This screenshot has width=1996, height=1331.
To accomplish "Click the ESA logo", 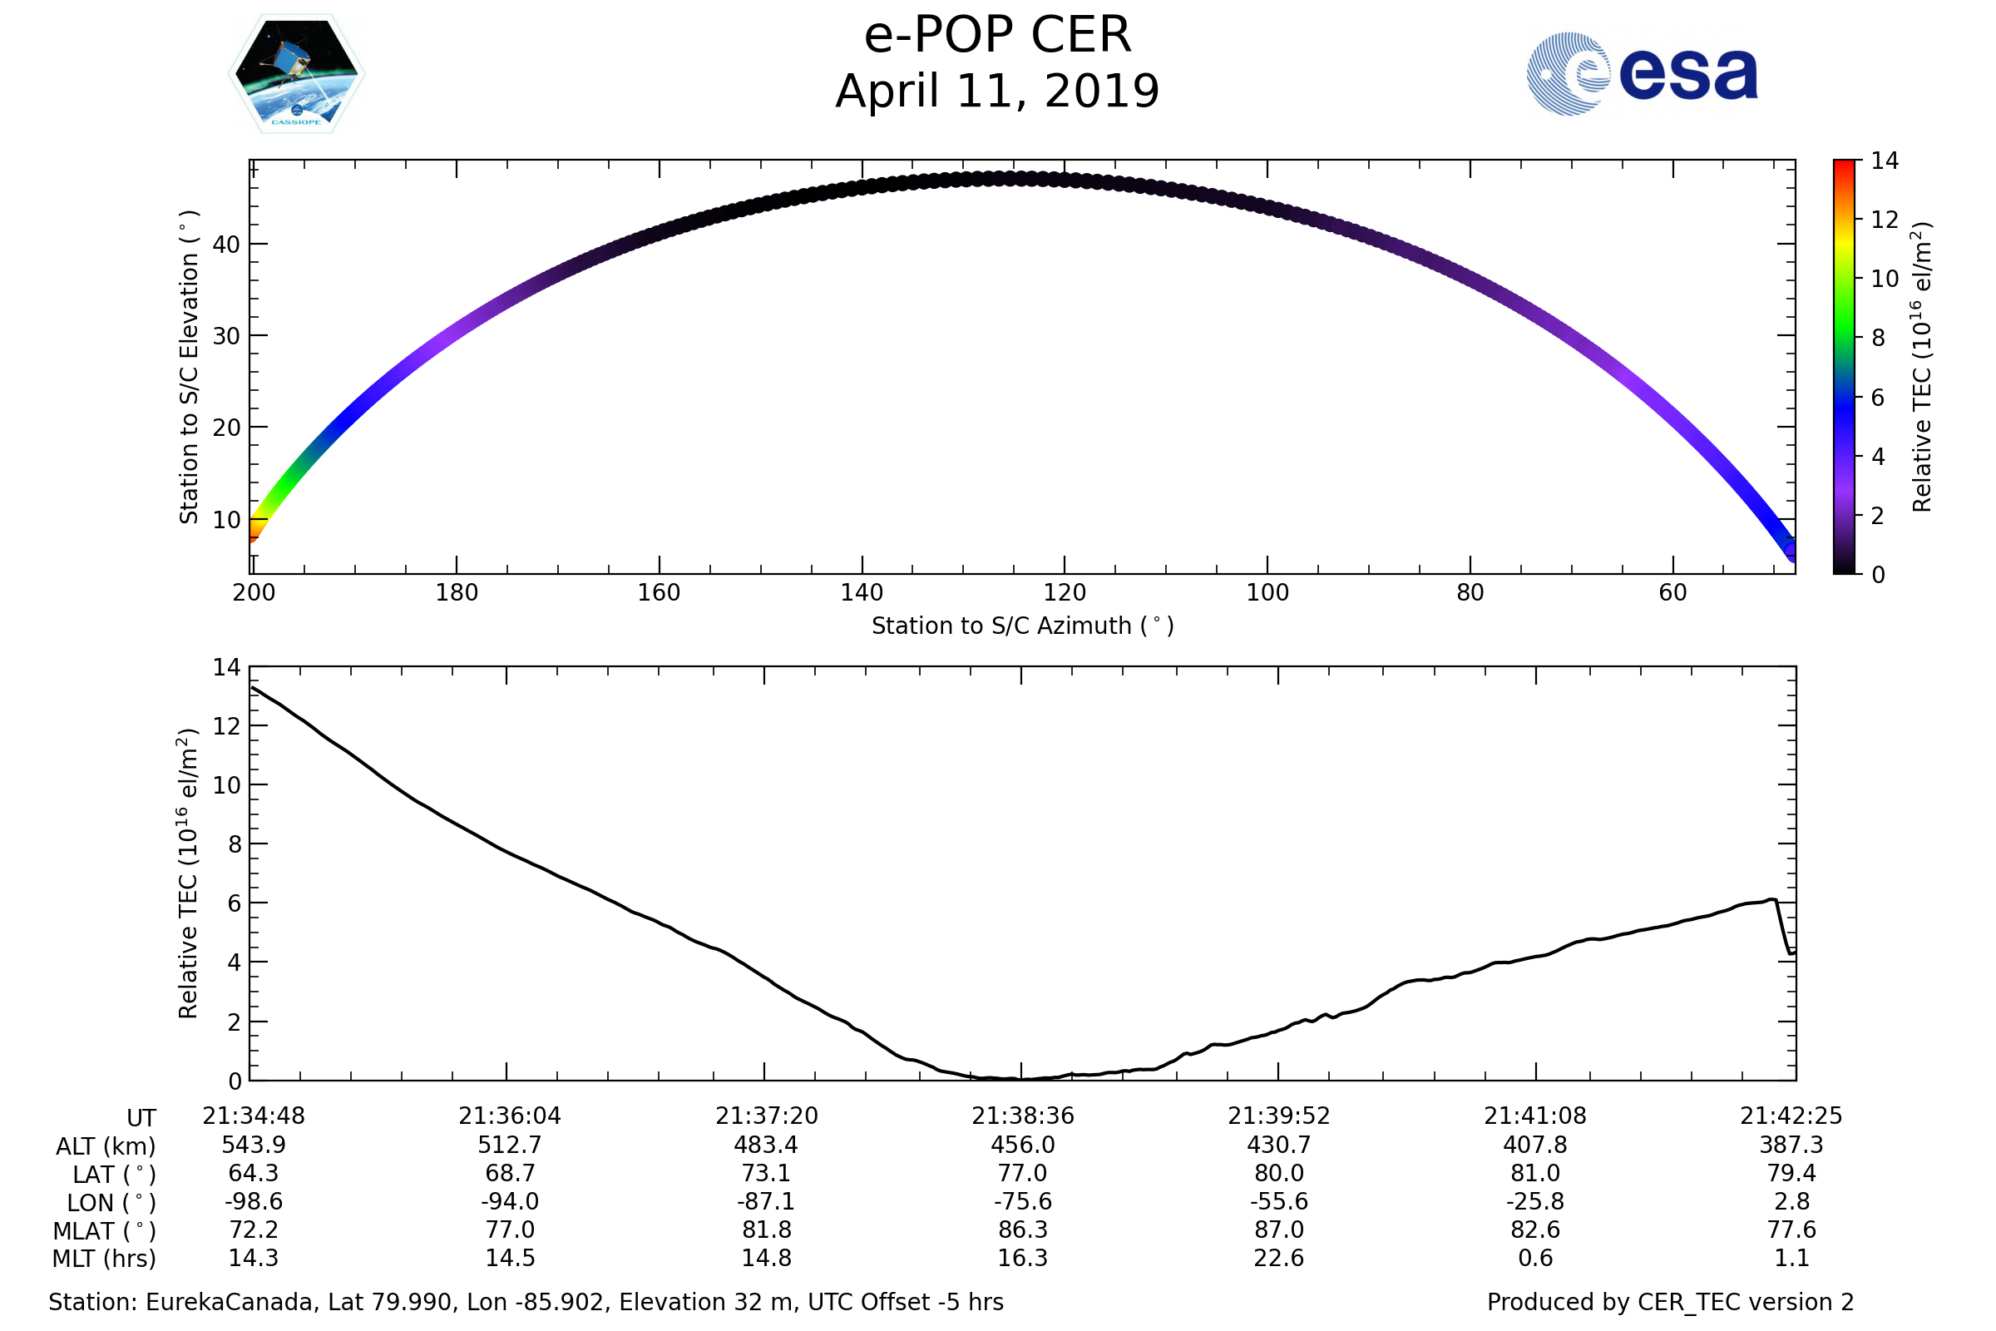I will pyautogui.click(x=1641, y=74).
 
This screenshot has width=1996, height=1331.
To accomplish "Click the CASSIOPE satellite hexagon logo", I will pyautogui.click(x=296, y=74).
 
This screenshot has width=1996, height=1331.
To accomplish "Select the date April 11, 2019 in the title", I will pyautogui.click(x=997, y=92).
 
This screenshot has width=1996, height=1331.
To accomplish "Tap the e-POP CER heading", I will pyautogui.click(x=997, y=36).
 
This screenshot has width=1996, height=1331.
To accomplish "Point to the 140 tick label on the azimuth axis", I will pyautogui.click(x=862, y=592).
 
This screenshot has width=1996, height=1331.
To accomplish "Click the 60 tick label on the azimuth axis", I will pyautogui.click(x=1672, y=592).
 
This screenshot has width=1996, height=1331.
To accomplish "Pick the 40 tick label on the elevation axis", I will pyautogui.click(x=226, y=245).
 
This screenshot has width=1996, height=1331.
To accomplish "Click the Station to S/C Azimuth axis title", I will pyautogui.click(x=1023, y=626).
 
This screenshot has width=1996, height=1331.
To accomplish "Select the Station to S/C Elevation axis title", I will pyautogui.click(x=189, y=367).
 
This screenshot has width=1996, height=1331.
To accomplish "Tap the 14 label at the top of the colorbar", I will pyautogui.click(x=1885, y=161).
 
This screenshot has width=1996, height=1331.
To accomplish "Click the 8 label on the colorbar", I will pyautogui.click(x=1878, y=338).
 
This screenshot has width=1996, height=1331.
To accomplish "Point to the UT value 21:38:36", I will pyautogui.click(x=1023, y=1116).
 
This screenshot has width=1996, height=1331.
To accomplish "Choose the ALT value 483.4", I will pyautogui.click(x=765, y=1145).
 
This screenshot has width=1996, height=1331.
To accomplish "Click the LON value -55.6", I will pyautogui.click(x=1279, y=1202).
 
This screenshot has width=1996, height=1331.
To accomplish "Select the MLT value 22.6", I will pyautogui.click(x=1279, y=1258).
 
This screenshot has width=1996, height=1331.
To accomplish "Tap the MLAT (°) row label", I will pyautogui.click(x=105, y=1231).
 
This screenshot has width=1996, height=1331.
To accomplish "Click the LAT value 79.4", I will pyautogui.click(x=1791, y=1173).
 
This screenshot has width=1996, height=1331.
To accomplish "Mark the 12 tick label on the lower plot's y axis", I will pyautogui.click(x=226, y=726).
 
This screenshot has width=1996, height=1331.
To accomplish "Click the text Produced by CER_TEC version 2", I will pyautogui.click(x=1670, y=1302).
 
